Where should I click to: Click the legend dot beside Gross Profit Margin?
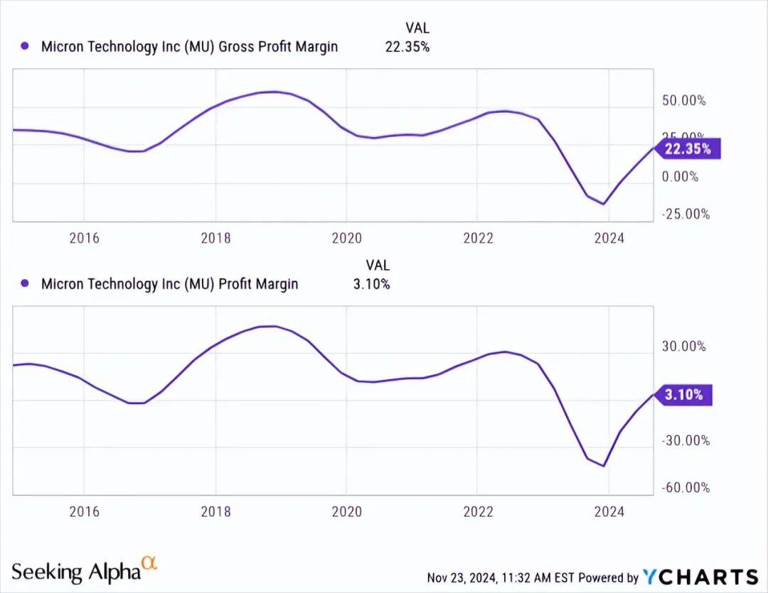point(25,47)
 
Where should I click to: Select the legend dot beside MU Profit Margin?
point(25,284)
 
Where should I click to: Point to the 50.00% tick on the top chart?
point(683,100)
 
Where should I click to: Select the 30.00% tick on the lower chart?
point(683,347)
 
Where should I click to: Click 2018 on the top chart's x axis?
point(215,238)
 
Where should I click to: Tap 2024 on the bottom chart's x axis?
point(609,511)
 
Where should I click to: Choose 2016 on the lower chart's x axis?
point(84,511)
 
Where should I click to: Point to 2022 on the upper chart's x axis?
point(478,238)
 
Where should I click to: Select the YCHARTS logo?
point(700,577)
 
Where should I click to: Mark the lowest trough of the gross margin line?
point(604,204)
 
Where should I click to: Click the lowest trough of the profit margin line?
point(604,466)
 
